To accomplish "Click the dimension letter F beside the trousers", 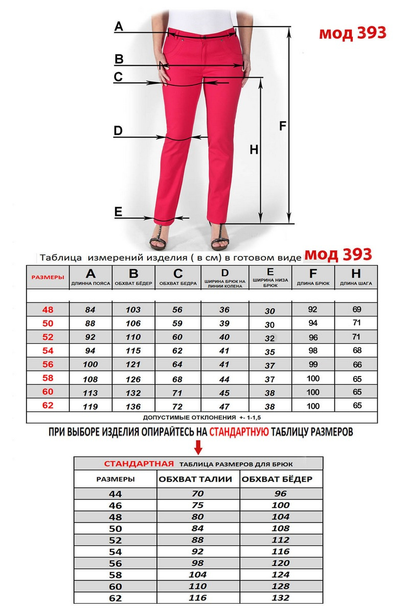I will (283, 126).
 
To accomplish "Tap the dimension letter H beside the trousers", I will (254, 150).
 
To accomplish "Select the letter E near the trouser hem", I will (118, 211).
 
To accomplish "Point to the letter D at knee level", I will (118, 131).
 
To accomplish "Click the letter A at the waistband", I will (119, 27).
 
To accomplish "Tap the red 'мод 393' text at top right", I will (353, 33).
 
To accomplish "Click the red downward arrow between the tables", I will (199, 448).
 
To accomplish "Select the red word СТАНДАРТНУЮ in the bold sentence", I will (239, 431).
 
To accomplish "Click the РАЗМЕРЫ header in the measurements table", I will (48, 277).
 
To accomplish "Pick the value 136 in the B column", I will (134, 406).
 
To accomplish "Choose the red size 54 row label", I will (48, 350).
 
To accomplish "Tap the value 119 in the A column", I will (90, 406).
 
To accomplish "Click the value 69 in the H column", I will (356, 309).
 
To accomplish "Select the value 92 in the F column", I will (313, 309).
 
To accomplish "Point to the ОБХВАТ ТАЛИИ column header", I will (195, 479).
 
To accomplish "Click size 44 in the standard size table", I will (116, 493).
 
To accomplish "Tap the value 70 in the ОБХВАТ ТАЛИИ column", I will (198, 493).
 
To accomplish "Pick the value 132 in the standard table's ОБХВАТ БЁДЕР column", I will (281, 597).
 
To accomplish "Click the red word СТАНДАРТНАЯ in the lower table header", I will (138, 464).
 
